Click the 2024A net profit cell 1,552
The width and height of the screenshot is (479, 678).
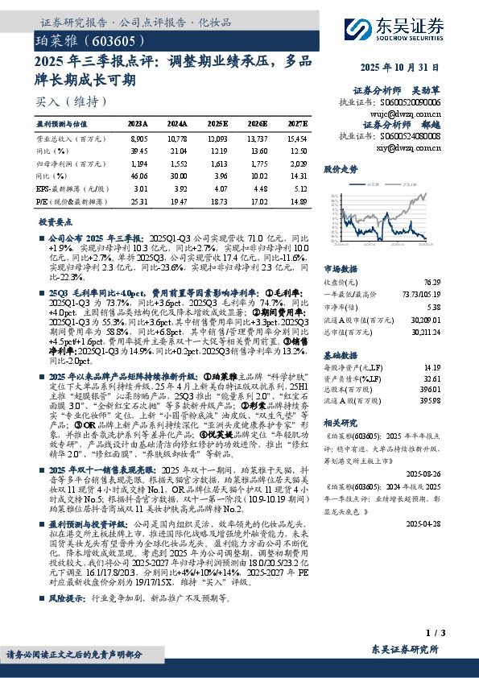(x=178, y=163)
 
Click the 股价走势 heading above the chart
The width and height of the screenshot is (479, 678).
(x=341, y=170)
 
